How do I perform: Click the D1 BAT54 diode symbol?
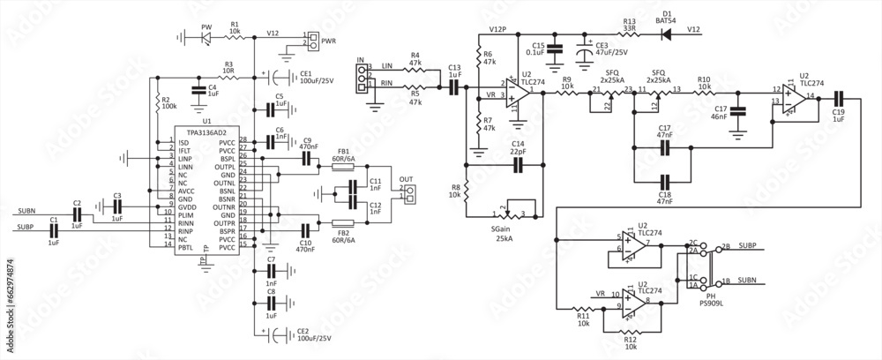[665, 34]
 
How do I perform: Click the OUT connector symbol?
[407, 193]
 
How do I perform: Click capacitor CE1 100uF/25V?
[280, 76]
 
